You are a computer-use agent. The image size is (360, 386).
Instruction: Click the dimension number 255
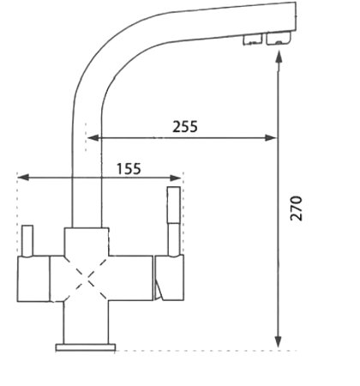(x=184, y=126)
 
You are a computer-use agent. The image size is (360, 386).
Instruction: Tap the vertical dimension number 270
(x=296, y=208)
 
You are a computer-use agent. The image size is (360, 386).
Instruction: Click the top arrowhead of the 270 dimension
(x=279, y=53)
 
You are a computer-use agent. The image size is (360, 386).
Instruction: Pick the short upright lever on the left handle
(x=27, y=240)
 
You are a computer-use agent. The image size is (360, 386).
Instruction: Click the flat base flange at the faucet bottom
(x=86, y=347)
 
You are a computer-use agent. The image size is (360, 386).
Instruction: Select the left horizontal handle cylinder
(x=33, y=280)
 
